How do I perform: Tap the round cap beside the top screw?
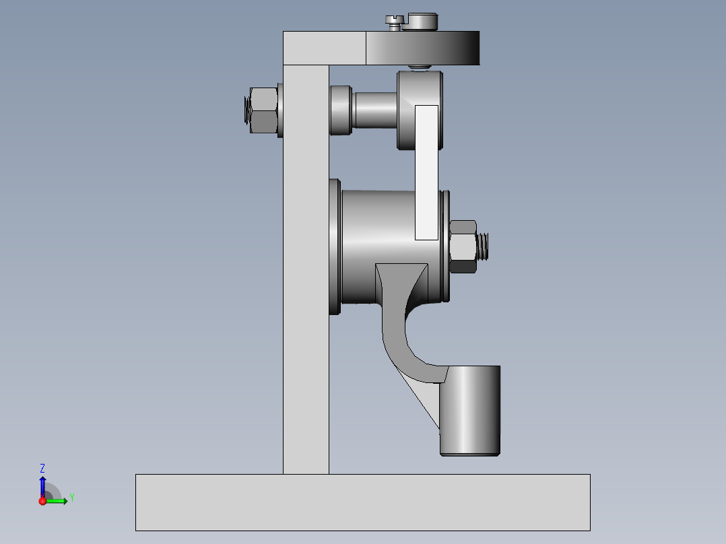pos(422,22)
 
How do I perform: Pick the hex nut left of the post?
pos(263,110)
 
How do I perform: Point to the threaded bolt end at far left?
pos(245,110)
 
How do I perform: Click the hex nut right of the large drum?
pos(463,246)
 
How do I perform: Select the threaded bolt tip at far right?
pos(485,246)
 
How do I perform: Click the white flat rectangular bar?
pos(426,172)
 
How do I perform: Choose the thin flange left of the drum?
pos(334,246)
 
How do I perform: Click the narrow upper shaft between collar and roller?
pos(374,110)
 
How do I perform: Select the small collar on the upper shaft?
pos(341,110)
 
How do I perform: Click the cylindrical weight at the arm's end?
pos(470,411)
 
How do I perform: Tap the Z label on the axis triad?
pos(42,468)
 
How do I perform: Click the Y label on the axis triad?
pos(71,498)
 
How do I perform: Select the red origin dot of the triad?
pos(43,501)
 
